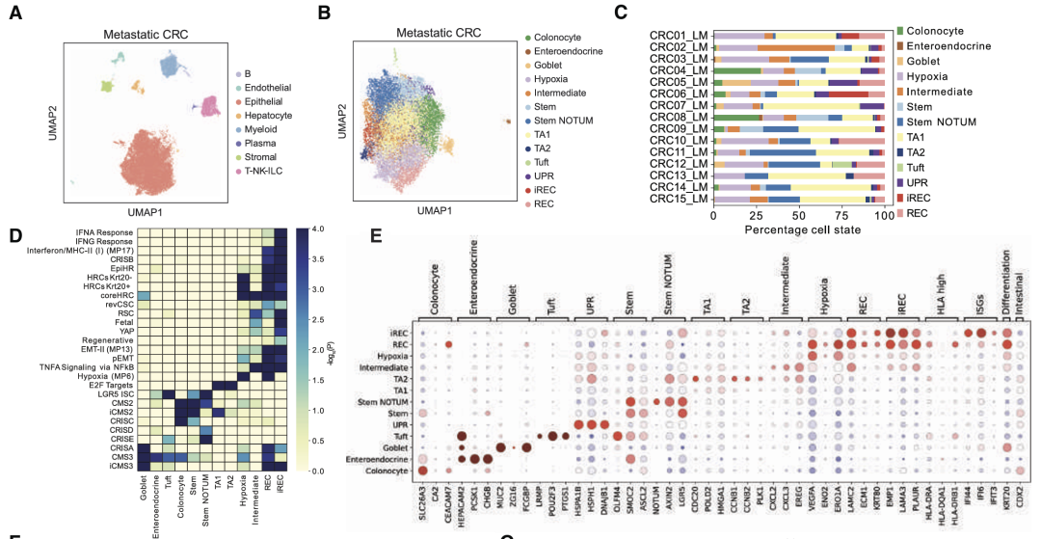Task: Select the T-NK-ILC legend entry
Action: click(269, 171)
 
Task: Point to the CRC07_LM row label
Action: click(679, 104)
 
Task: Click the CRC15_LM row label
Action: click(679, 199)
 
